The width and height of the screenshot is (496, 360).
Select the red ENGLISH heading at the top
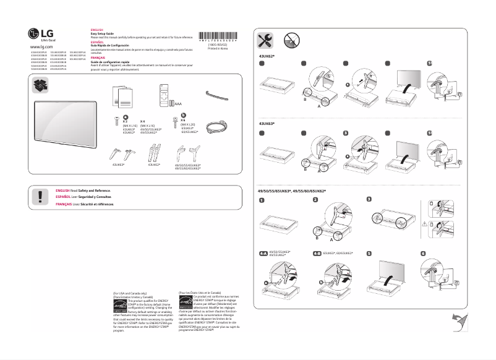coord(97,30)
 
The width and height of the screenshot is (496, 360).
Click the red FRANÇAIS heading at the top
coord(98,56)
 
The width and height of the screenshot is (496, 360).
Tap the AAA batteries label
coord(179,105)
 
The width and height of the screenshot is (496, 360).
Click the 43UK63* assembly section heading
coord(267,124)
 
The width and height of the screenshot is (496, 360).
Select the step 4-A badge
coord(263,254)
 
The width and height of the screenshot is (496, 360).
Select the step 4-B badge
coord(317,254)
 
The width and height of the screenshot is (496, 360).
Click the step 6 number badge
coord(423,254)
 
